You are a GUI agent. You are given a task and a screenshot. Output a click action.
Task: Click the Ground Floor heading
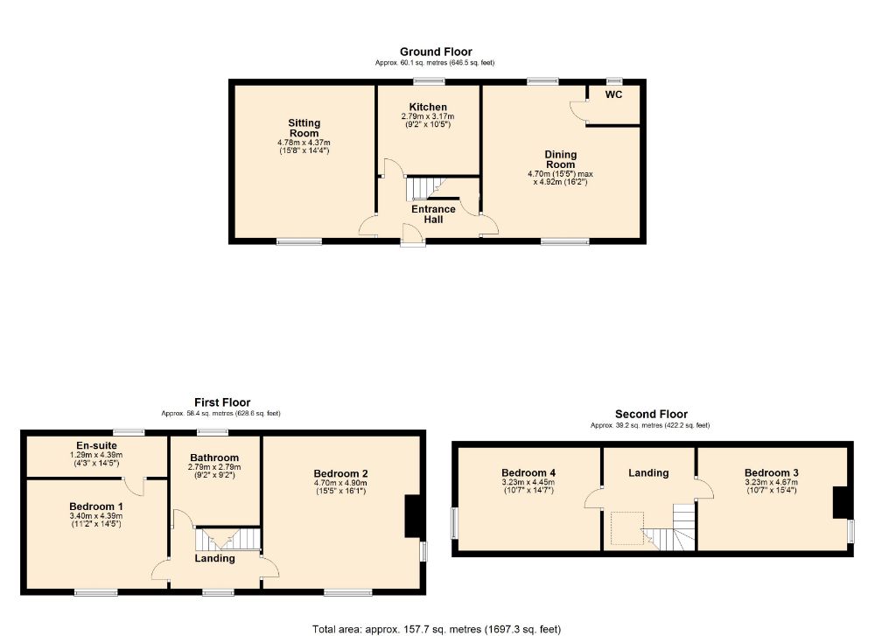click(436, 52)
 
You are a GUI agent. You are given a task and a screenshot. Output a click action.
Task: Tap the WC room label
click(613, 94)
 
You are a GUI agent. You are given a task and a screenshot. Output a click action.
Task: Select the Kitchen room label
click(428, 107)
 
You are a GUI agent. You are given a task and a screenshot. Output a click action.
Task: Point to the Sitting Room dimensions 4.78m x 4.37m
click(304, 143)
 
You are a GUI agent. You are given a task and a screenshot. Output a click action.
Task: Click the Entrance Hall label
click(433, 214)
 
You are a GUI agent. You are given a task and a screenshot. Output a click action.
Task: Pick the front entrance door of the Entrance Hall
click(412, 234)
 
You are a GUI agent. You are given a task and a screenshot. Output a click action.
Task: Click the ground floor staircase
click(426, 188)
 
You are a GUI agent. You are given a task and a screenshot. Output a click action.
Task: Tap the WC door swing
click(578, 110)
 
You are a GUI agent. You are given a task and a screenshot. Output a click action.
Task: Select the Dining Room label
click(560, 159)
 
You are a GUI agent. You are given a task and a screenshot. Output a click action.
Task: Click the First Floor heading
click(222, 402)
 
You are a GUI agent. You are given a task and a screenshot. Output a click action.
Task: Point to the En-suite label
click(96, 445)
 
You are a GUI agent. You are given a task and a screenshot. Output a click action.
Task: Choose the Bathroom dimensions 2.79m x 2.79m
click(214, 467)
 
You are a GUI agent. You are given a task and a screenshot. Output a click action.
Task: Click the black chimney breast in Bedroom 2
click(412, 517)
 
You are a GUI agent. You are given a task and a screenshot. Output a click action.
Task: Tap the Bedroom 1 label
click(96, 507)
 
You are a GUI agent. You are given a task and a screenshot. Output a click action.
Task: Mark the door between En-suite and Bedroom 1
click(135, 486)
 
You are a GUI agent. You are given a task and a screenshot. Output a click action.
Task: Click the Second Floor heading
click(651, 414)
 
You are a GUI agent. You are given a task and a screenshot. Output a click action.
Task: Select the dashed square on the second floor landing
click(627, 528)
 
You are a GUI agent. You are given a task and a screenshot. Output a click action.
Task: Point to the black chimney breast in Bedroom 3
click(840, 503)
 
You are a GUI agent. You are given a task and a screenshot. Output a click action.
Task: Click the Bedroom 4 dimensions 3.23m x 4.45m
click(528, 483)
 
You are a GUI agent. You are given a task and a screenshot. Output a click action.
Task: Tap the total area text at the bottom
click(437, 629)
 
